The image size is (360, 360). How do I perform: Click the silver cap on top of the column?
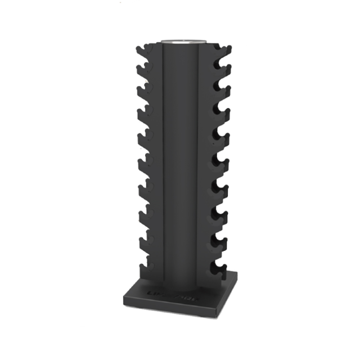(181, 42)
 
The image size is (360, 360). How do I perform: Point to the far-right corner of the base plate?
(237, 274)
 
